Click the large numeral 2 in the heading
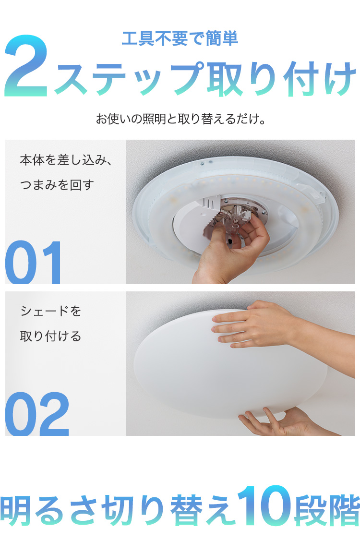(26, 68)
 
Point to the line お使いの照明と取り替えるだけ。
(180, 119)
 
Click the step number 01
(35, 263)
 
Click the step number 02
(37, 414)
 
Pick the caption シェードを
(51, 311)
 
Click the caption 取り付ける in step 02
(51, 336)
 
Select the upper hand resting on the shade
(254, 324)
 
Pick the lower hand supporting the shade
(278, 422)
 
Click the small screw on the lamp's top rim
(203, 164)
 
